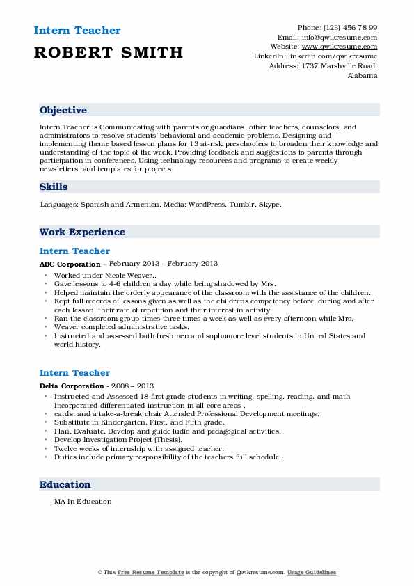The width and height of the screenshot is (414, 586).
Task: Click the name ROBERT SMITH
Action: [109, 52]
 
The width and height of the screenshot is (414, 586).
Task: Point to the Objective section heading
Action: [63, 111]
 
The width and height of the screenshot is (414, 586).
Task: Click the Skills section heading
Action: [54, 187]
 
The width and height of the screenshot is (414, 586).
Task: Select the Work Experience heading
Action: [82, 232]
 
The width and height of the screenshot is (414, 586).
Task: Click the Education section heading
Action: [65, 485]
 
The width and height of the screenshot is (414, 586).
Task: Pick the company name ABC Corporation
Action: [70, 264]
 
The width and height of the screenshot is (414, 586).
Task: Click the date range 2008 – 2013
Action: [132, 386]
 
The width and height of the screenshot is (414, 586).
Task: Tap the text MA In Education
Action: [83, 501]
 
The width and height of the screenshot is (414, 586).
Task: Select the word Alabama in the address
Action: [362, 76]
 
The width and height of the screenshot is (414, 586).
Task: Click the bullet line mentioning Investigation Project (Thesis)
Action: [118, 440]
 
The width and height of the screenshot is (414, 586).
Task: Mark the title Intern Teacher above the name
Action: [77, 31]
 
